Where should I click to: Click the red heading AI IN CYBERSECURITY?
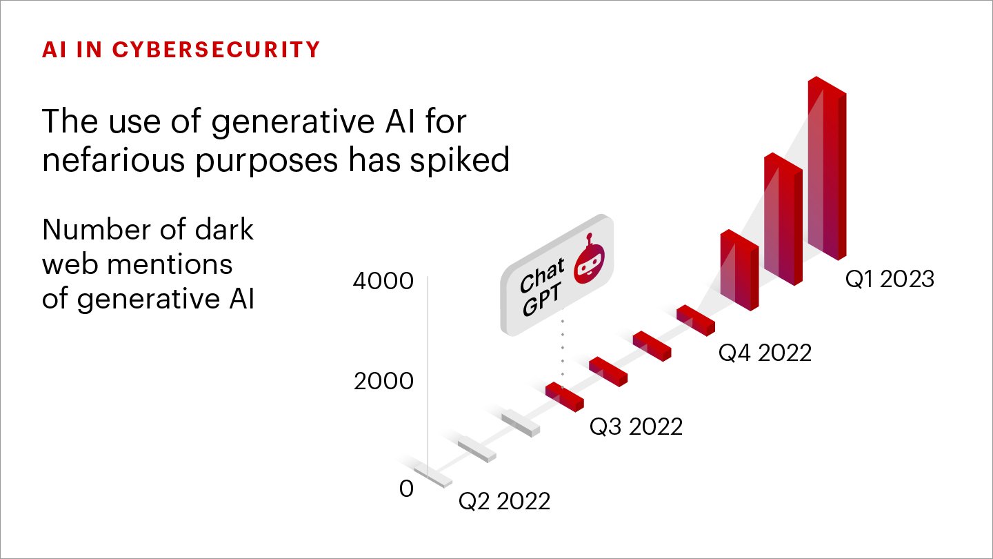click(181, 50)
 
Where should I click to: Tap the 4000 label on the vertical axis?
click(383, 282)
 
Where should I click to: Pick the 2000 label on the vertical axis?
click(383, 381)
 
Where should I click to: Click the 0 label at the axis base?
click(406, 489)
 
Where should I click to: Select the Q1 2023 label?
click(890, 279)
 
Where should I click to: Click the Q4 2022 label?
click(765, 353)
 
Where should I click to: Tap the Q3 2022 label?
click(636, 426)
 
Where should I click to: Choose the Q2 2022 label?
click(505, 501)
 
